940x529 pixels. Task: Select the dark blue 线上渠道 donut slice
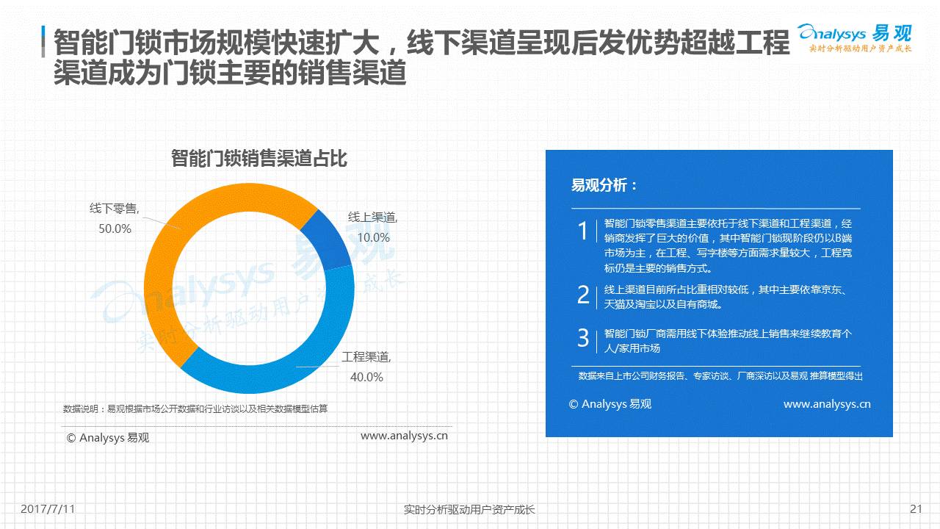(x=330, y=240)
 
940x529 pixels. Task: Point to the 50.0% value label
(x=115, y=228)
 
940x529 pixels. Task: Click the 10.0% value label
(x=374, y=237)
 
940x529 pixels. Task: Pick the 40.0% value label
(x=366, y=377)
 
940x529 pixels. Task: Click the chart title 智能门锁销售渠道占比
(x=259, y=159)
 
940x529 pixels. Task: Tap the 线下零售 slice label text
(x=114, y=208)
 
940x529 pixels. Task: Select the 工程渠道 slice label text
(x=366, y=357)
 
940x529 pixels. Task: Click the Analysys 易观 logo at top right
(x=854, y=38)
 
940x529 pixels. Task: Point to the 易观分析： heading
(x=604, y=185)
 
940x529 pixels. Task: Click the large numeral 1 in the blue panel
(x=583, y=231)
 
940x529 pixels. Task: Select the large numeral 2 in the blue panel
(x=583, y=295)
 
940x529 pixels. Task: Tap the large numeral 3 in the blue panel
(x=583, y=338)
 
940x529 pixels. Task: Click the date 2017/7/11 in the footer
(x=48, y=509)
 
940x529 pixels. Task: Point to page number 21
(x=916, y=509)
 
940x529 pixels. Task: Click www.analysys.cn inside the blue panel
(x=827, y=404)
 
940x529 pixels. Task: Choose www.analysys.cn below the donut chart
(x=404, y=436)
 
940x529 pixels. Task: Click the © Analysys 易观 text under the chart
(x=108, y=438)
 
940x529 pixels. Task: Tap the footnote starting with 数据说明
(x=195, y=409)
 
